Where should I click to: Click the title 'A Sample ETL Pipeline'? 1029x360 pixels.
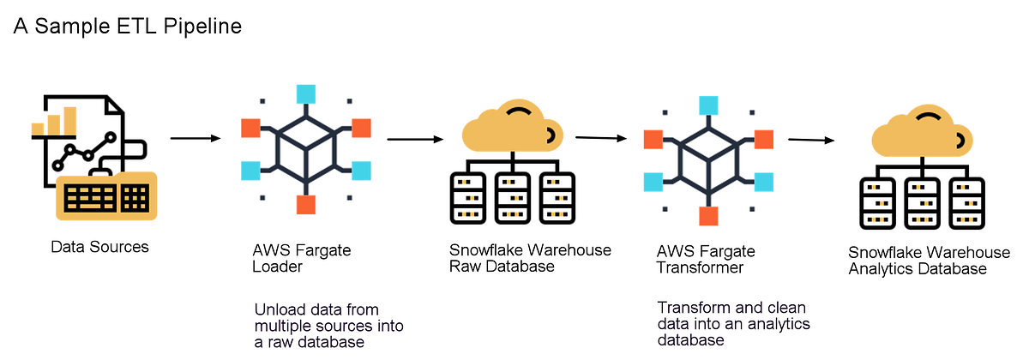click(128, 27)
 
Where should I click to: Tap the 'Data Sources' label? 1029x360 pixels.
click(99, 247)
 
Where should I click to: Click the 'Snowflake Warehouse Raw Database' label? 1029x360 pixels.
click(530, 258)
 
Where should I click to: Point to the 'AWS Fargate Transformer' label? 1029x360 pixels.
click(706, 259)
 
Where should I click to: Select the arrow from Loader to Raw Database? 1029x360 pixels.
click(414, 138)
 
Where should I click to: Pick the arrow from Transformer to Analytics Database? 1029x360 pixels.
click(811, 140)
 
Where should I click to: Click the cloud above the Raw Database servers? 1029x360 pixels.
click(512, 129)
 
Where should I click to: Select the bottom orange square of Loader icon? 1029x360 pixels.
click(306, 205)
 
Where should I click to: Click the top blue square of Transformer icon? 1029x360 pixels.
click(708, 105)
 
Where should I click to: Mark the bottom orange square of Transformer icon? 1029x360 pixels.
click(708, 215)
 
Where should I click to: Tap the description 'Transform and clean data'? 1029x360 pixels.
click(733, 323)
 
